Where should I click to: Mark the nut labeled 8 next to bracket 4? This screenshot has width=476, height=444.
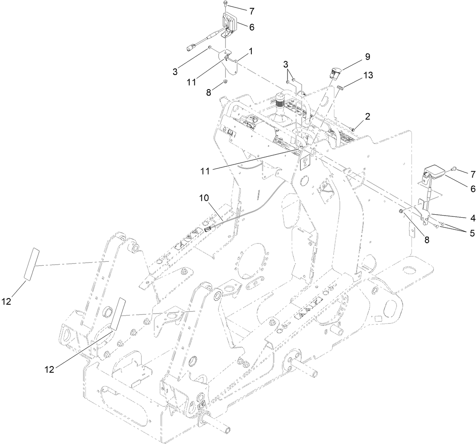[401, 212]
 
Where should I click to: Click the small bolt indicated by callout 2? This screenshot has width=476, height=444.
[353, 129]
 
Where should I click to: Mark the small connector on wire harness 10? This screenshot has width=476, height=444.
[208, 228]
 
